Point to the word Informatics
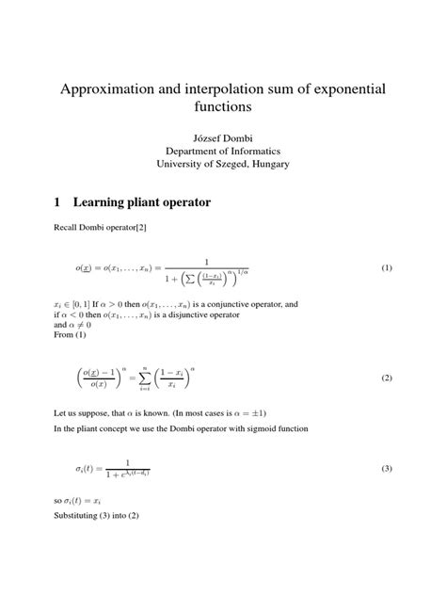pos(254,150)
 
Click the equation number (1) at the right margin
pos(386,268)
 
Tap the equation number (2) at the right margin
pos(386,378)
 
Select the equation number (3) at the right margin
pos(386,468)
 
